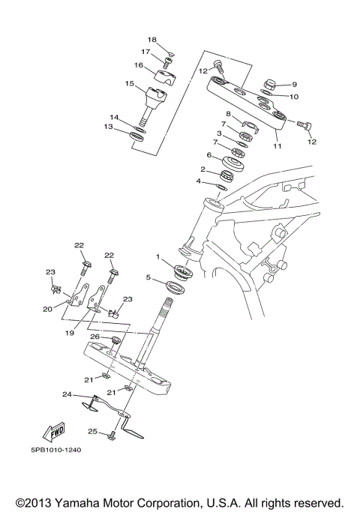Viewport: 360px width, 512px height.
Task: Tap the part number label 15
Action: coord(130,83)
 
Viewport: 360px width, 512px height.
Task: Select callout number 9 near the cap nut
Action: coord(295,85)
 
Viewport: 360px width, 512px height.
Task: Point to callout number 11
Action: coord(277,146)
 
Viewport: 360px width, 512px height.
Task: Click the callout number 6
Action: coord(210,155)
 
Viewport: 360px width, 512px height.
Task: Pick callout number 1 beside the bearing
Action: coord(158,257)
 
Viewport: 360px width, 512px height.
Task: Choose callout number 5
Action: coord(148,277)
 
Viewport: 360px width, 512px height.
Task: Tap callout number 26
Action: coord(95,337)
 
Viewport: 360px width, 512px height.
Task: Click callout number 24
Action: coord(67,394)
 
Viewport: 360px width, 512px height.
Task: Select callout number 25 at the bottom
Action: coord(92,432)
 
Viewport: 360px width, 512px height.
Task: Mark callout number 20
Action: coord(47,308)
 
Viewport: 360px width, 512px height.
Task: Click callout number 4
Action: coord(199,181)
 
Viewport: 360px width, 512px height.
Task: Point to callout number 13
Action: coord(109,127)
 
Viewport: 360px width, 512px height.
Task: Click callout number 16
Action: coord(139,65)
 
